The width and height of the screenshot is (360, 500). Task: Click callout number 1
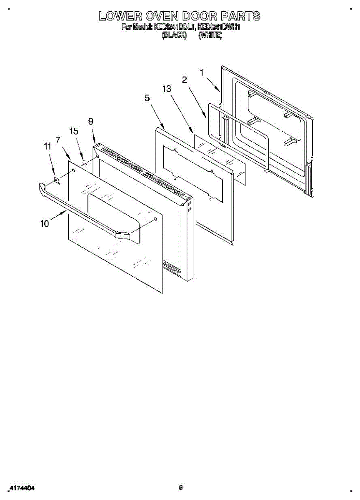[x=202, y=72]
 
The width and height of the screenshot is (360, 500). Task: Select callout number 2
[x=184, y=80]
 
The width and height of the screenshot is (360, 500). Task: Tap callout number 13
[x=167, y=89]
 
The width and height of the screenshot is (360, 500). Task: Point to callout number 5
[x=147, y=98]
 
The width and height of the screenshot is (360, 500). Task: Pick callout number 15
[x=73, y=131]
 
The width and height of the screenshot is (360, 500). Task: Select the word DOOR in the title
[x=199, y=17]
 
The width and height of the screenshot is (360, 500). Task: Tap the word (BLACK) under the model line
[x=174, y=35]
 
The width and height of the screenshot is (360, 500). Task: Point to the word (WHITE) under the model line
[x=210, y=35]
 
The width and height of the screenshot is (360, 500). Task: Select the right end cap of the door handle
[x=122, y=236]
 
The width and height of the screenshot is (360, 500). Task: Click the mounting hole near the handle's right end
[x=155, y=218]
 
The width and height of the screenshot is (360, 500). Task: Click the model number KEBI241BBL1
[x=175, y=27]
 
